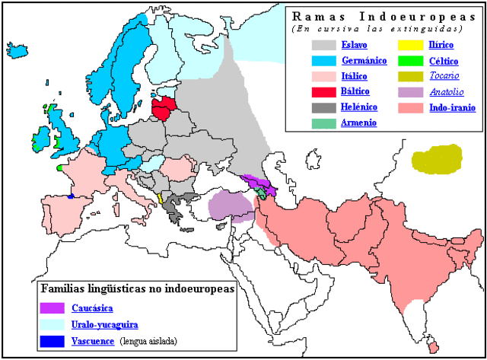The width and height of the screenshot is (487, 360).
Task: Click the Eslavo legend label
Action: tap(355, 44)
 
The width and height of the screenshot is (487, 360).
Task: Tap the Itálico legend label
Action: tap(355, 75)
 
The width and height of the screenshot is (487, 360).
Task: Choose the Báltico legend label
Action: tap(355, 91)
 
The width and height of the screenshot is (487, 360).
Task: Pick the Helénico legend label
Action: tap(358, 107)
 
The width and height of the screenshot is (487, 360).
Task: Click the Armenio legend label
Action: tap(358, 123)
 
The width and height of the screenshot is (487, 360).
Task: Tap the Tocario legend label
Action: tap(443, 75)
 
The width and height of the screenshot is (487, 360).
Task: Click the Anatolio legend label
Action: tap(445, 91)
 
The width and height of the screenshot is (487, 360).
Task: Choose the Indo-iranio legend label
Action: tap(452, 107)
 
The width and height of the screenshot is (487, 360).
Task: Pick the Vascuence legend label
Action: tap(93, 340)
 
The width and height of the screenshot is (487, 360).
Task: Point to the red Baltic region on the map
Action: tap(165, 109)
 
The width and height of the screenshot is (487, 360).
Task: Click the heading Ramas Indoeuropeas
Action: tap(377, 15)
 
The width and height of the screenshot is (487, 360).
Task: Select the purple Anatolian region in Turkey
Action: tap(231, 204)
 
